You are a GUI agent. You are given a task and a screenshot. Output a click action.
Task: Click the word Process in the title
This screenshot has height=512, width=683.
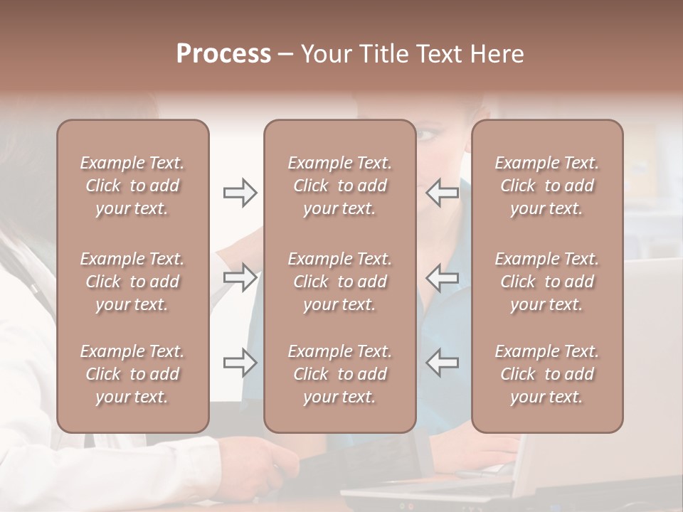[223, 54]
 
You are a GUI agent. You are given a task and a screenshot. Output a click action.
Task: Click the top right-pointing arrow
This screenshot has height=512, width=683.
[240, 192]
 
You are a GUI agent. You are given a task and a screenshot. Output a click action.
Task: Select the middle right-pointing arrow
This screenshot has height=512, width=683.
[240, 277]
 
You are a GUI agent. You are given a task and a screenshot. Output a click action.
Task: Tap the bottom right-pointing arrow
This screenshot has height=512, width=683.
[240, 363]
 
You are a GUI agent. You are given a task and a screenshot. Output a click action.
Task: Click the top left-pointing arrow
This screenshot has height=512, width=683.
[443, 192]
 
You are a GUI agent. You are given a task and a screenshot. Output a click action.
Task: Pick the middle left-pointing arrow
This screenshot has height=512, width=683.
[443, 277]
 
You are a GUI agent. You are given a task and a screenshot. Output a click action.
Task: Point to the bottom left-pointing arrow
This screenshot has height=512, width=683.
[443, 363]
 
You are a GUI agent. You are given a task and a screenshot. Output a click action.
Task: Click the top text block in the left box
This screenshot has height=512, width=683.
[132, 186]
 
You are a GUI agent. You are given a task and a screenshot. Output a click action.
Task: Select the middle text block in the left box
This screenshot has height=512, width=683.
[132, 282]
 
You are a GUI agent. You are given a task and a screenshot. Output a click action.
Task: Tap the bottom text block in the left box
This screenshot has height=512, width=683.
[132, 374]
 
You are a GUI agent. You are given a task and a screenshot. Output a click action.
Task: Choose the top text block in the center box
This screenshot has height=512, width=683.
[340, 186]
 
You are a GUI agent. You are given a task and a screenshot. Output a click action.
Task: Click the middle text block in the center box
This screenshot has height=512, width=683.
[340, 282]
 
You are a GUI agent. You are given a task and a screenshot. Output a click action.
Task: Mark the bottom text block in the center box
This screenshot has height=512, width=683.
[340, 374]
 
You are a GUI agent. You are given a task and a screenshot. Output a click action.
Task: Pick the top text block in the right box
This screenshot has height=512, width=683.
[547, 186]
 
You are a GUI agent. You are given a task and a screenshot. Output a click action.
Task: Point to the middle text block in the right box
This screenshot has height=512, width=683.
[547, 282]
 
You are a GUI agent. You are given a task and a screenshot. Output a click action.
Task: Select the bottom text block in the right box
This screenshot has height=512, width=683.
[547, 374]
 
